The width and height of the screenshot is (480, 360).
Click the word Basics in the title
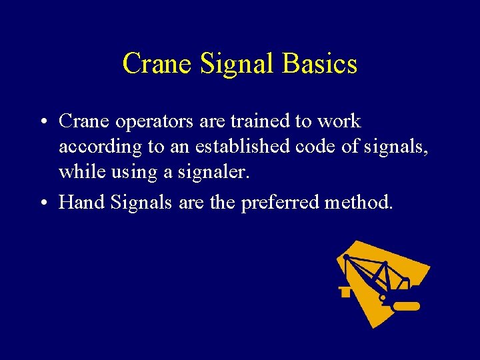coord(320,64)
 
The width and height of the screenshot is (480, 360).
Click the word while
coord(77,172)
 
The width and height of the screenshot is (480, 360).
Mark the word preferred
coord(279,201)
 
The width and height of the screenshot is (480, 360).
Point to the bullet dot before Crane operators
coord(42,123)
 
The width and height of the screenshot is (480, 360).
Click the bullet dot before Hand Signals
coord(42,203)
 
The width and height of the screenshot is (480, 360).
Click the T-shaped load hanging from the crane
coord(345,291)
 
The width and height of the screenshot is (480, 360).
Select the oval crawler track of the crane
coord(405,307)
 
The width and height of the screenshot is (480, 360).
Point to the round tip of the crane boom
coord(346,257)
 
